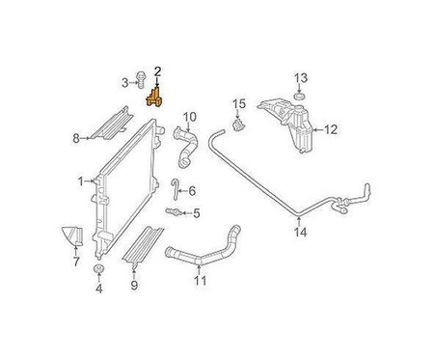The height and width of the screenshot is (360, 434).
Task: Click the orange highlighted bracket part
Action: [x=154, y=97]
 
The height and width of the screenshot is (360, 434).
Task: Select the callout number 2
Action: [x=157, y=71]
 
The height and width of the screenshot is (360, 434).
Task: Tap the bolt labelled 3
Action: [x=141, y=80]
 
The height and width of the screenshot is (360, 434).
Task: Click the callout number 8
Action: [x=76, y=139]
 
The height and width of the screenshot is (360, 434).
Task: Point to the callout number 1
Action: [x=80, y=181]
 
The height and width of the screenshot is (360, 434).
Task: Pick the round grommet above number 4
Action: [x=98, y=269]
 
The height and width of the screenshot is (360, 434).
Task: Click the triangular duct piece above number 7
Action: [x=72, y=236]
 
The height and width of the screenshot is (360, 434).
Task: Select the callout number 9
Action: [x=134, y=285]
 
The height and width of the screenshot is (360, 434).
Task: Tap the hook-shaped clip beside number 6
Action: [x=174, y=189]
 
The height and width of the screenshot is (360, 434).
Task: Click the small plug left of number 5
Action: [x=174, y=211]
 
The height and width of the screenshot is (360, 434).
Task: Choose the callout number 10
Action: [x=190, y=117]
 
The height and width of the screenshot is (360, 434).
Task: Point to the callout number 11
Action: [x=200, y=281]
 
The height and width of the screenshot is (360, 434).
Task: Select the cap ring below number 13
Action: [x=300, y=97]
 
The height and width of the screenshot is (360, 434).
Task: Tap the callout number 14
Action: [x=301, y=233]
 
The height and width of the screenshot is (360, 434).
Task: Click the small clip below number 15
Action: [x=238, y=125]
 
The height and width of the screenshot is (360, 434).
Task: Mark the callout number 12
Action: [x=331, y=129]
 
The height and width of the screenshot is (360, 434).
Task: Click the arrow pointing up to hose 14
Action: [x=299, y=222]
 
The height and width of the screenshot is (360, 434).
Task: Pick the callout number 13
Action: [x=301, y=77]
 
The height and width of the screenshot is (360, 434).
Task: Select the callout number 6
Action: [x=192, y=191]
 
